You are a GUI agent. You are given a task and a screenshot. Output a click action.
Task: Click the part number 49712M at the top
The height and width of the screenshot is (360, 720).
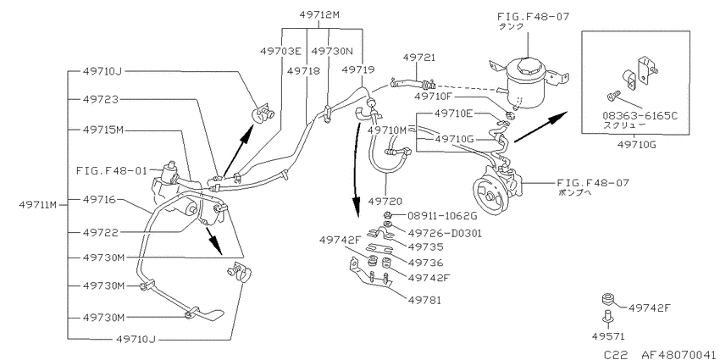click(x=319, y=14)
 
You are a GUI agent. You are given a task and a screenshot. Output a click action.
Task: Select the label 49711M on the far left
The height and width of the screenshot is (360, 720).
click(x=37, y=205)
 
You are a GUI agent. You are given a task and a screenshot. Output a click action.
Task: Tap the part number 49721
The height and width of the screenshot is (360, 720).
click(x=419, y=58)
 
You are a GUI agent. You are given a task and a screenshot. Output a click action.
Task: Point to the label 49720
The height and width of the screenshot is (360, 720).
click(x=385, y=201)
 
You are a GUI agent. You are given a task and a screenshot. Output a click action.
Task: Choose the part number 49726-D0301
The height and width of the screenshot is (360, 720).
click(x=445, y=233)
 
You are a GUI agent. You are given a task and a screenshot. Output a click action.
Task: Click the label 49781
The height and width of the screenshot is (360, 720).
click(x=424, y=301)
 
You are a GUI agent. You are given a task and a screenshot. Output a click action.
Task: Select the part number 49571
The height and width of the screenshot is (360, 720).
click(x=608, y=336)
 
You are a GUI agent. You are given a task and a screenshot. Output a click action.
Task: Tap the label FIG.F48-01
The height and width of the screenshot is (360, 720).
click(x=112, y=171)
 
